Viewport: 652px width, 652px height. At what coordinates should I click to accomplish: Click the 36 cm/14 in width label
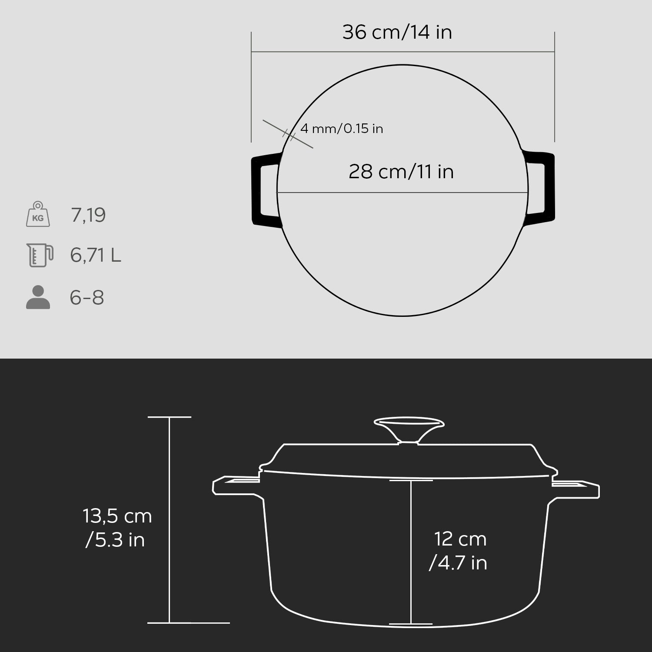[x=397, y=33]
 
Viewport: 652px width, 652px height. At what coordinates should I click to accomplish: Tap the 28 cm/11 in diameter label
[x=401, y=172]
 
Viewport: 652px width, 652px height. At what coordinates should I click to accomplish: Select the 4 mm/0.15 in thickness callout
[x=342, y=129]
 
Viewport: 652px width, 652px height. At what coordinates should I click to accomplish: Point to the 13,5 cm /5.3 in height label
[x=117, y=528]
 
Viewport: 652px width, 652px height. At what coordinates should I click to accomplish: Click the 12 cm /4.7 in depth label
[x=458, y=551]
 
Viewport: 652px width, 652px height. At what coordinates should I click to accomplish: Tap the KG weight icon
[x=38, y=214]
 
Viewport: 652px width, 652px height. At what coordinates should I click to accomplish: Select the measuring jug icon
[x=40, y=255]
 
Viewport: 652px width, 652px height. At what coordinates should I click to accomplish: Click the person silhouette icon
[x=38, y=297]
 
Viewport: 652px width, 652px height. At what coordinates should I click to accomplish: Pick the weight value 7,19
[x=88, y=215]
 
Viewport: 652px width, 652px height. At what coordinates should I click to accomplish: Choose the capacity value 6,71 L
[x=96, y=255]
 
